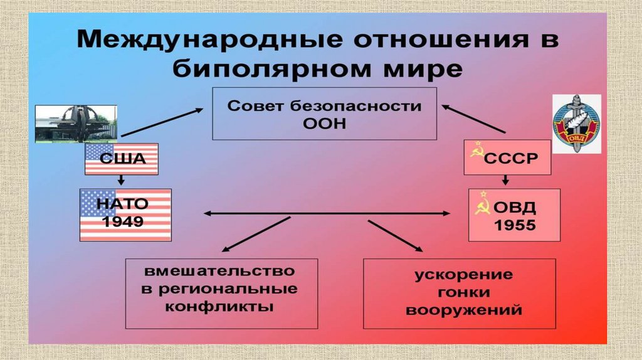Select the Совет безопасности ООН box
pyautogui.click(x=324, y=114)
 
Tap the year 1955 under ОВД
pyautogui.click(x=515, y=225)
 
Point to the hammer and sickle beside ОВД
pyautogui.click(x=481, y=207)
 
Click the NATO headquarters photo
pyautogui.click(x=75, y=124)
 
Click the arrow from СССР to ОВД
pyautogui.click(x=504, y=181)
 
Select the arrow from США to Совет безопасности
pyautogui.click(x=162, y=122)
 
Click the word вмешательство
pyautogui.click(x=220, y=273)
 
